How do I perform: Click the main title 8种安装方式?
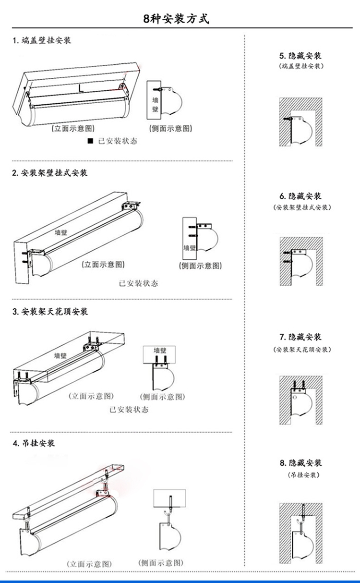(176, 19)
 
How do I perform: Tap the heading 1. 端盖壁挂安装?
(42, 40)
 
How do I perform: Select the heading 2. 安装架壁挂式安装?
(50, 173)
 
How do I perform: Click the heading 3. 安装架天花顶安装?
(50, 311)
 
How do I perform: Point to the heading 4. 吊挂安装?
(34, 443)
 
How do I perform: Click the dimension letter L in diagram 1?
(81, 88)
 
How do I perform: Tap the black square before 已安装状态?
(90, 141)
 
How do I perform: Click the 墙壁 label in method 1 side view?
(156, 104)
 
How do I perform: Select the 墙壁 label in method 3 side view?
(160, 350)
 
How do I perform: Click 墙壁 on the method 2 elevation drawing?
(61, 232)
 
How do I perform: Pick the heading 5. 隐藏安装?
(300, 56)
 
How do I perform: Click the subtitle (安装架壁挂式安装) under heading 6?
(302, 207)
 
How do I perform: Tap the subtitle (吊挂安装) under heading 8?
(303, 475)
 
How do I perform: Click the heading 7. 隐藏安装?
(300, 337)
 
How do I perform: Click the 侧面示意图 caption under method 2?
(200, 266)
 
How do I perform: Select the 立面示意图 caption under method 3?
(91, 396)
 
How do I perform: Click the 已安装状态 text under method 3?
(129, 410)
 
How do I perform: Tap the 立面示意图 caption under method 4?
(89, 564)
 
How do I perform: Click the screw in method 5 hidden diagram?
(288, 119)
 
